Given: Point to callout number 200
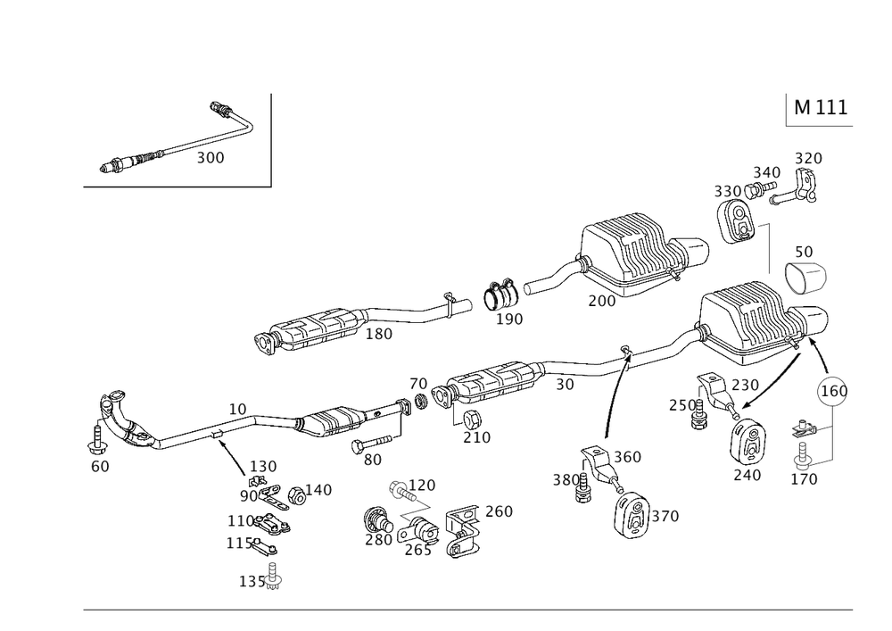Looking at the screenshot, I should (x=602, y=302).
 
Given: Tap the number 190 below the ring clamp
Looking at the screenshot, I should (x=510, y=318).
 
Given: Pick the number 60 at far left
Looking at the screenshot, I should (x=100, y=465).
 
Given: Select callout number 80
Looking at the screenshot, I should (x=372, y=461).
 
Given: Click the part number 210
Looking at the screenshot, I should (x=476, y=438).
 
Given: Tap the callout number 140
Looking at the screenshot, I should (x=318, y=490).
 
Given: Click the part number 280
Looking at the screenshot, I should (x=378, y=539).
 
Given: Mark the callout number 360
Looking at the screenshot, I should (x=629, y=457).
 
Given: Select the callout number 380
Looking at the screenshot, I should (x=565, y=478).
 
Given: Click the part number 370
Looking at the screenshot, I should (x=666, y=516).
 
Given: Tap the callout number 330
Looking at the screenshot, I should (x=727, y=191).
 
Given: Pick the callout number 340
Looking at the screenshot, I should (x=765, y=171).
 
